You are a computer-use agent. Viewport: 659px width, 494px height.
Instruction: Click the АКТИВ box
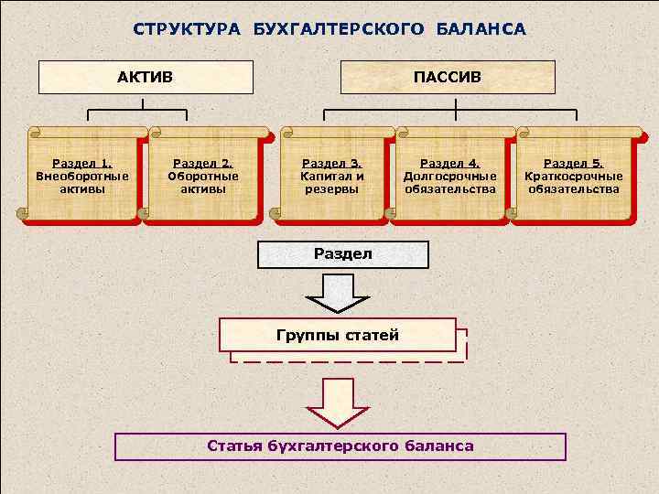(145, 77)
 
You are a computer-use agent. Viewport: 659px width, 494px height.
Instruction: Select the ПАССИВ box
(447, 77)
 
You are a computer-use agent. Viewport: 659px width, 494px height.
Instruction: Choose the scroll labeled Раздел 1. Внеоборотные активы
(81, 176)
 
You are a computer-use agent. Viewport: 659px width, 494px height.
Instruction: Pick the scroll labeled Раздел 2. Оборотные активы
(203, 176)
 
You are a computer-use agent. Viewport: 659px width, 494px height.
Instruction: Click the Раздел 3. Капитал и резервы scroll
(332, 176)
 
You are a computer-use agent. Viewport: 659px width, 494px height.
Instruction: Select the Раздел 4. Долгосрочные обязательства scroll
(450, 176)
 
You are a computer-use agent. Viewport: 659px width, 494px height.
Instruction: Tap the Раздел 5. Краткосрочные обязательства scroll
(574, 176)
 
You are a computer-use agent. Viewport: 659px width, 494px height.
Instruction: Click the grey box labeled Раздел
(343, 254)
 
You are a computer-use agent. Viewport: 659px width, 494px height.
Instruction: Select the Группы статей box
(338, 335)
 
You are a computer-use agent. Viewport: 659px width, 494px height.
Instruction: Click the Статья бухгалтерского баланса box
(340, 446)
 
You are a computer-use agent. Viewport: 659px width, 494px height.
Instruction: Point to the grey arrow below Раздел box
(337, 292)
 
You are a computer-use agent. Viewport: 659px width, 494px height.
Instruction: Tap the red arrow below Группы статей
(337, 403)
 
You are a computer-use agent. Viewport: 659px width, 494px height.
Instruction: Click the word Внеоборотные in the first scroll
(82, 177)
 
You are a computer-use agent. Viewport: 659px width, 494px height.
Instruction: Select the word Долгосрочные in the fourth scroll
(450, 177)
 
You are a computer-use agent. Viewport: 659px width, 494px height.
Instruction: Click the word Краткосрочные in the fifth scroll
(574, 177)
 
